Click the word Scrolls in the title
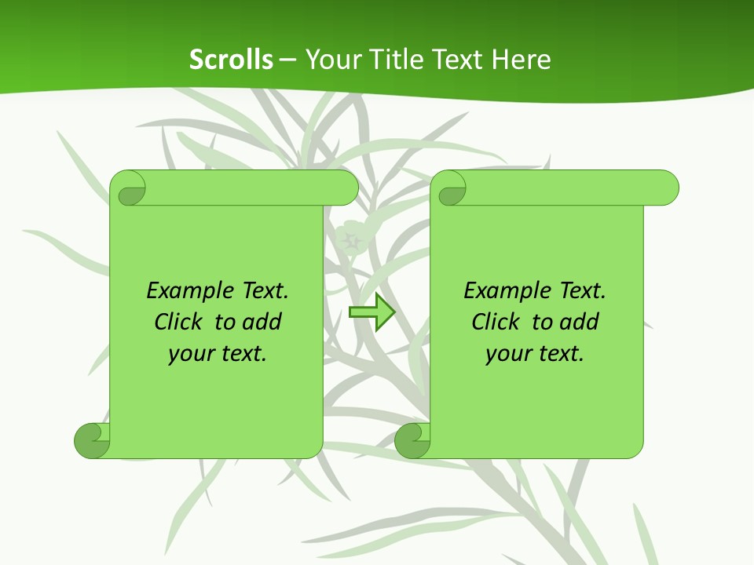click(x=232, y=60)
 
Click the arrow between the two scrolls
click(x=372, y=312)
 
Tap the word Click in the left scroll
click(x=181, y=323)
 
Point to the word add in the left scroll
click(x=262, y=323)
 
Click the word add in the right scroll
click(x=579, y=323)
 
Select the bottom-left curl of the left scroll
click(x=91, y=440)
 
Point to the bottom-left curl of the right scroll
click(x=412, y=440)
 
